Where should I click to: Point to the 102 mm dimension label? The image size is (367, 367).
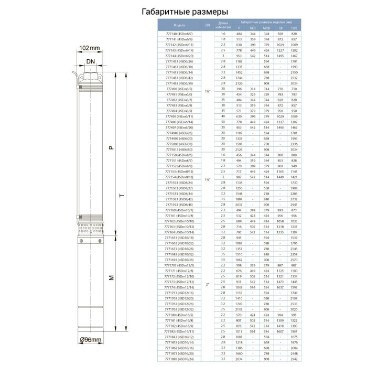click(90, 48)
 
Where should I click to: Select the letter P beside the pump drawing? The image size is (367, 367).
click(111, 148)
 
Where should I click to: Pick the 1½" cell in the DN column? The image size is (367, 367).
click(208, 179)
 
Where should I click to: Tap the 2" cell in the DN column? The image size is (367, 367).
click(208, 284)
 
